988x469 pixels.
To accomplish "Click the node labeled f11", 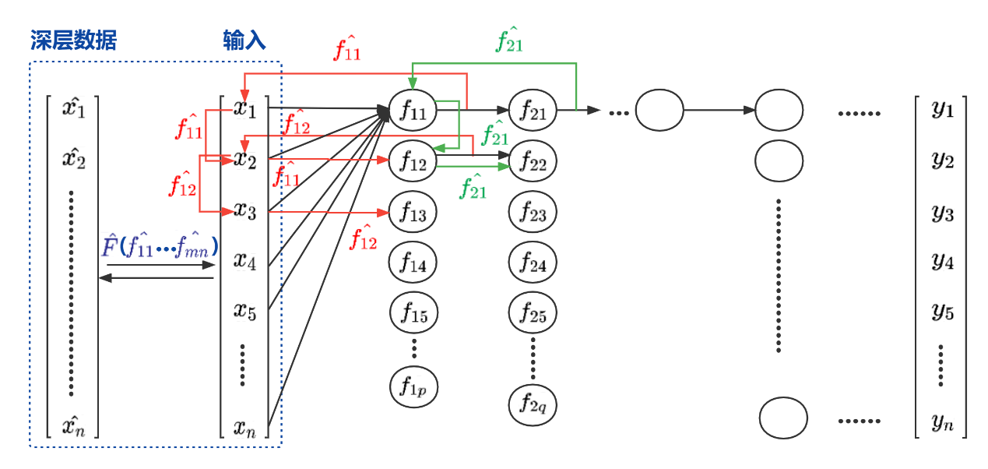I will [413, 111].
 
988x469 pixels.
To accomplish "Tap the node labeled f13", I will [413, 213].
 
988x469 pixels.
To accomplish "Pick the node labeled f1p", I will [413, 385].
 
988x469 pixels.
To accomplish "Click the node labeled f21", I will [533, 111].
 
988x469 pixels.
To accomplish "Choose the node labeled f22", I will [533, 162].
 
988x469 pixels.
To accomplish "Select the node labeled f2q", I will [533, 404].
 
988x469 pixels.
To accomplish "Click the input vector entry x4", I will [245, 260].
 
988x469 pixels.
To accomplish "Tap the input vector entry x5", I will [245, 311].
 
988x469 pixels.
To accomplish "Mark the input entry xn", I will [245, 426].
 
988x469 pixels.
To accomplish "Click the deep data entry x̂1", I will [74, 108].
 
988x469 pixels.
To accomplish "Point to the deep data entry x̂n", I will [74, 425].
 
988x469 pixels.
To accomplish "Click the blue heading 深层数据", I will [74, 41].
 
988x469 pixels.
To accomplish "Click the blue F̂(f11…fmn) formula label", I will [160, 246].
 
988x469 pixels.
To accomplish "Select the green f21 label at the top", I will [509, 41].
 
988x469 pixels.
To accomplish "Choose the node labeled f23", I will [533, 211].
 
